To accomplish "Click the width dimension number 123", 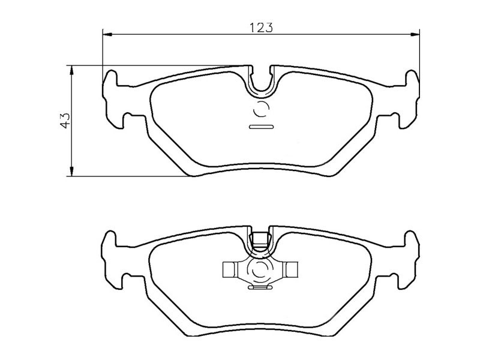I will click(261, 28).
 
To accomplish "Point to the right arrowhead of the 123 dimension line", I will click(414, 34).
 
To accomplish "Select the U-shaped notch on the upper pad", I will click(261, 81).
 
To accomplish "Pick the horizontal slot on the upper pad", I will click(261, 127).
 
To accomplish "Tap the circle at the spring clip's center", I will click(261, 270).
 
